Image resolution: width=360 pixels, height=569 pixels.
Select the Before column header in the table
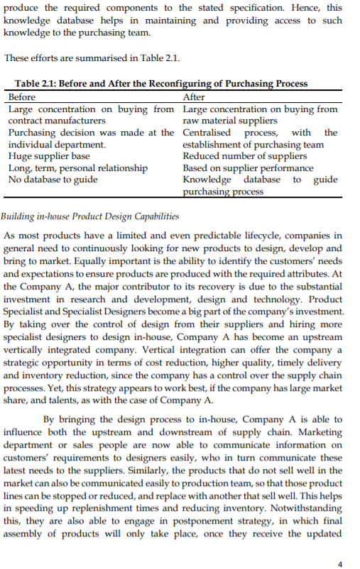point(22,97)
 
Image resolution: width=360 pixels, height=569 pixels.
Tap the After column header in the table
point(194,97)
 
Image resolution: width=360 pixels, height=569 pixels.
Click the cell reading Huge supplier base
point(49,156)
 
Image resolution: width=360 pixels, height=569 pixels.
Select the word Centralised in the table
point(206,133)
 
